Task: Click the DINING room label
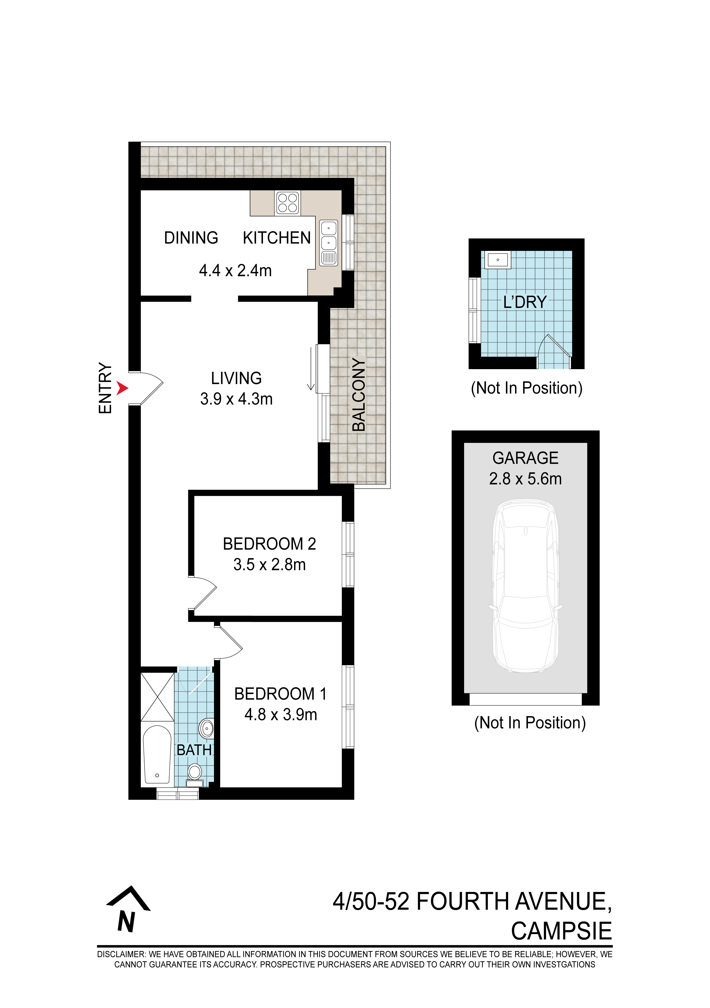(x=191, y=238)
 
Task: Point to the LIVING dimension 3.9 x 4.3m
(x=236, y=399)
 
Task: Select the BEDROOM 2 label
(x=269, y=544)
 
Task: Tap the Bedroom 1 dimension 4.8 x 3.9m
(x=281, y=715)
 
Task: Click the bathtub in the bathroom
(x=157, y=755)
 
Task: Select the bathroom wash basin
(x=206, y=729)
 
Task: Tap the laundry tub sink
(x=497, y=260)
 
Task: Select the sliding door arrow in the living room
(x=311, y=369)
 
